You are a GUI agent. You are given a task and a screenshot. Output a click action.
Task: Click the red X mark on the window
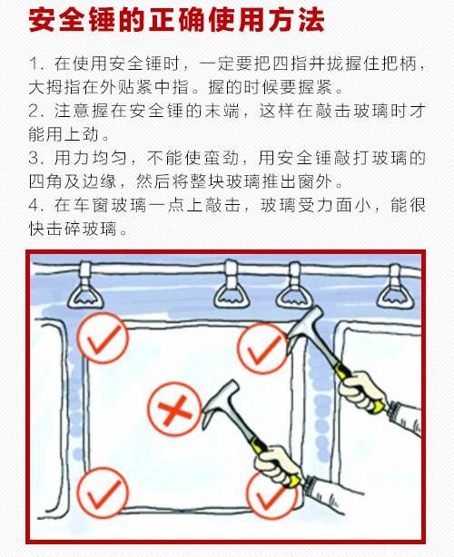click(x=170, y=412)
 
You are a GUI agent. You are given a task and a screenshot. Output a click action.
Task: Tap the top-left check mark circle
click(x=101, y=339)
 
